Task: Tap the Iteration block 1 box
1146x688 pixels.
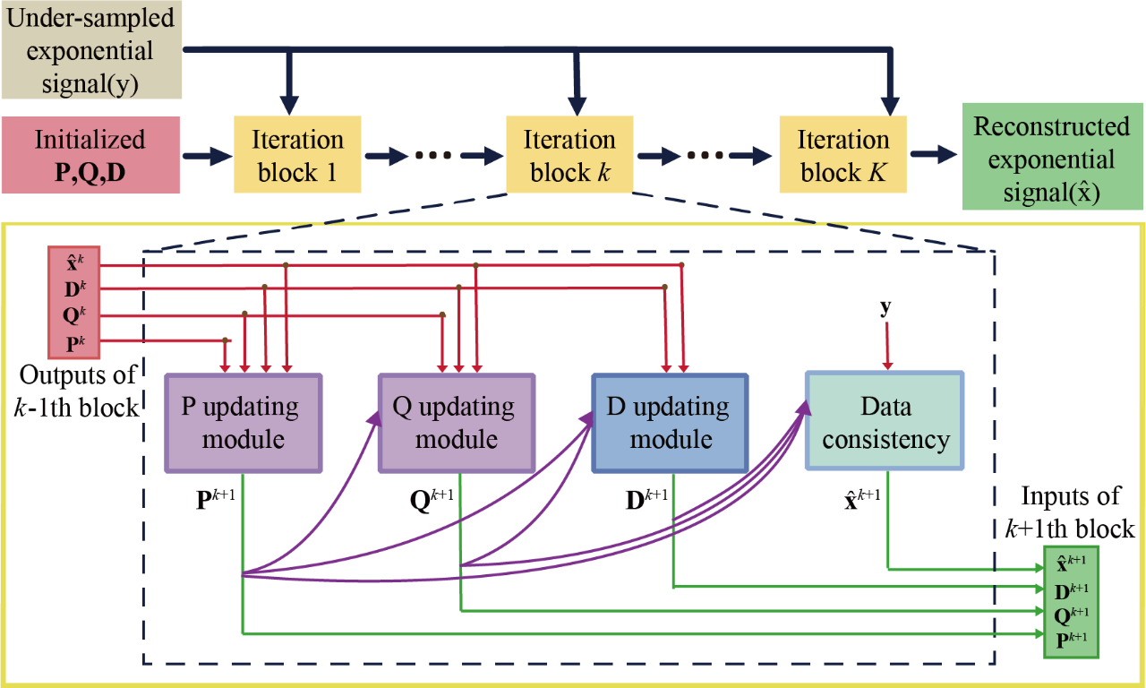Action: pyautogui.click(x=296, y=155)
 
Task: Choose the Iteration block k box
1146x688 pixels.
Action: pyautogui.click(x=570, y=155)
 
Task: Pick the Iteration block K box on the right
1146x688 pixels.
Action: pyautogui.click(x=843, y=155)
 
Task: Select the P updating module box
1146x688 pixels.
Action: pyautogui.click(x=243, y=423)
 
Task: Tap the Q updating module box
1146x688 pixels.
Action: pyautogui.click(x=456, y=423)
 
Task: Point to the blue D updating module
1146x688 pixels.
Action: pyautogui.click(x=670, y=423)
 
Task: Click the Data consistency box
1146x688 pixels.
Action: pyautogui.click(x=885, y=423)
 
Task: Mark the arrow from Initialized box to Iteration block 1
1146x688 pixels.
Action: pyautogui.click(x=207, y=155)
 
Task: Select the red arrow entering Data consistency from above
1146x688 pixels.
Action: pyautogui.click(x=887, y=345)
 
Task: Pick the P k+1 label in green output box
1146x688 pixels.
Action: pyautogui.click(x=1071, y=640)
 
